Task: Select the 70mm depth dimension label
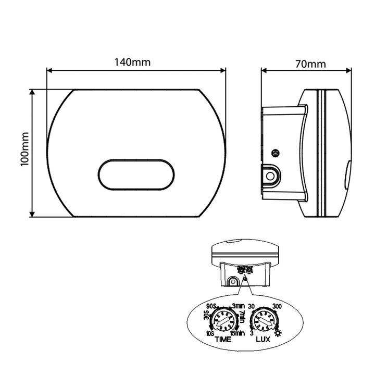click(x=310, y=65)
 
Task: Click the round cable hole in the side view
click(x=270, y=176)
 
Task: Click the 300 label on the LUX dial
click(x=277, y=306)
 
